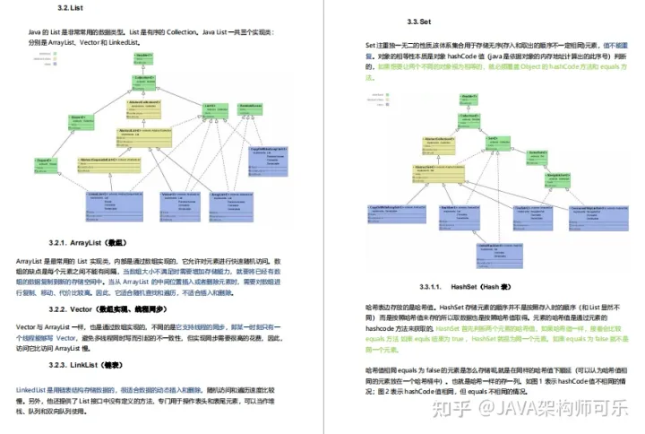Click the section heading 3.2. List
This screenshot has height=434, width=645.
click(x=69, y=9)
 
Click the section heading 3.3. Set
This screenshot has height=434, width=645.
click(x=421, y=21)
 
